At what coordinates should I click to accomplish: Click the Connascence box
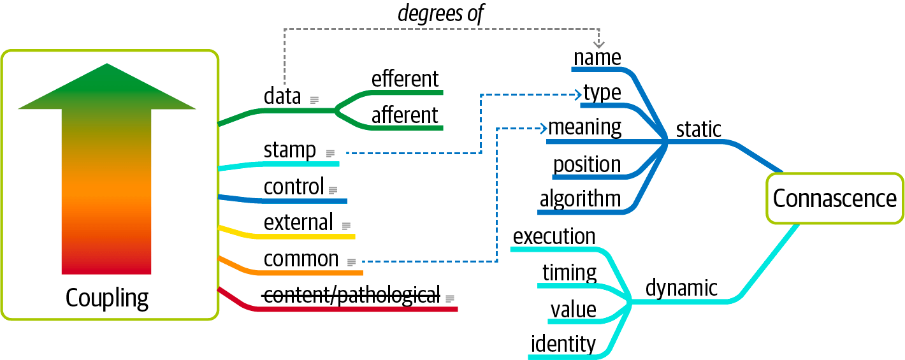pos(835,198)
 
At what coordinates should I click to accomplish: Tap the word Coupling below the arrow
pos(107,299)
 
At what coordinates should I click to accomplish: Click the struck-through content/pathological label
pos(351,295)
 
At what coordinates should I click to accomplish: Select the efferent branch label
pos(405,78)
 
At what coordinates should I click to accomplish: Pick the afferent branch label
pos(405,115)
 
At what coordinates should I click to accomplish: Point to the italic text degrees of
pos(441,13)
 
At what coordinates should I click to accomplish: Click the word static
pos(699,129)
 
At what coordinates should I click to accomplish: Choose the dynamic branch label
pos(681,288)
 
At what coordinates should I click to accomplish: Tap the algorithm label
pos(580,199)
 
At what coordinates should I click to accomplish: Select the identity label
pos(563,344)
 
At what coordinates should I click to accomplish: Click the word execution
pos(554,236)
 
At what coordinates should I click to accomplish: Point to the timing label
pos(569,273)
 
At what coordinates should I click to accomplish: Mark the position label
pos(587,165)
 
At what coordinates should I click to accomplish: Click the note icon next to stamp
pos(331,154)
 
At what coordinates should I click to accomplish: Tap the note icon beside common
pos(352,263)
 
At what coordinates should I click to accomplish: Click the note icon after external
pos(346,226)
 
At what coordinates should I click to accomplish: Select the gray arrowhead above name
pos(598,43)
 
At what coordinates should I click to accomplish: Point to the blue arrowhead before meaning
pos(544,129)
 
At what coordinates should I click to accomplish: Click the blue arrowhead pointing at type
pos(578,95)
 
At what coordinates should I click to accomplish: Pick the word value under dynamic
pos(574,310)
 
